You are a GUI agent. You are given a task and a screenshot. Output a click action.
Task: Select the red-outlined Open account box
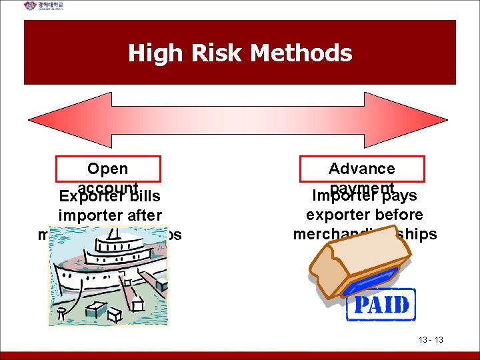pyautogui.click(x=108, y=169)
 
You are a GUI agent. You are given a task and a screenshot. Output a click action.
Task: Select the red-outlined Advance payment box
pyautogui.click(x=362, y=169)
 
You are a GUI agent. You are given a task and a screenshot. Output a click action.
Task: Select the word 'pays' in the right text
pyautogui.click(x=399, y=196)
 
